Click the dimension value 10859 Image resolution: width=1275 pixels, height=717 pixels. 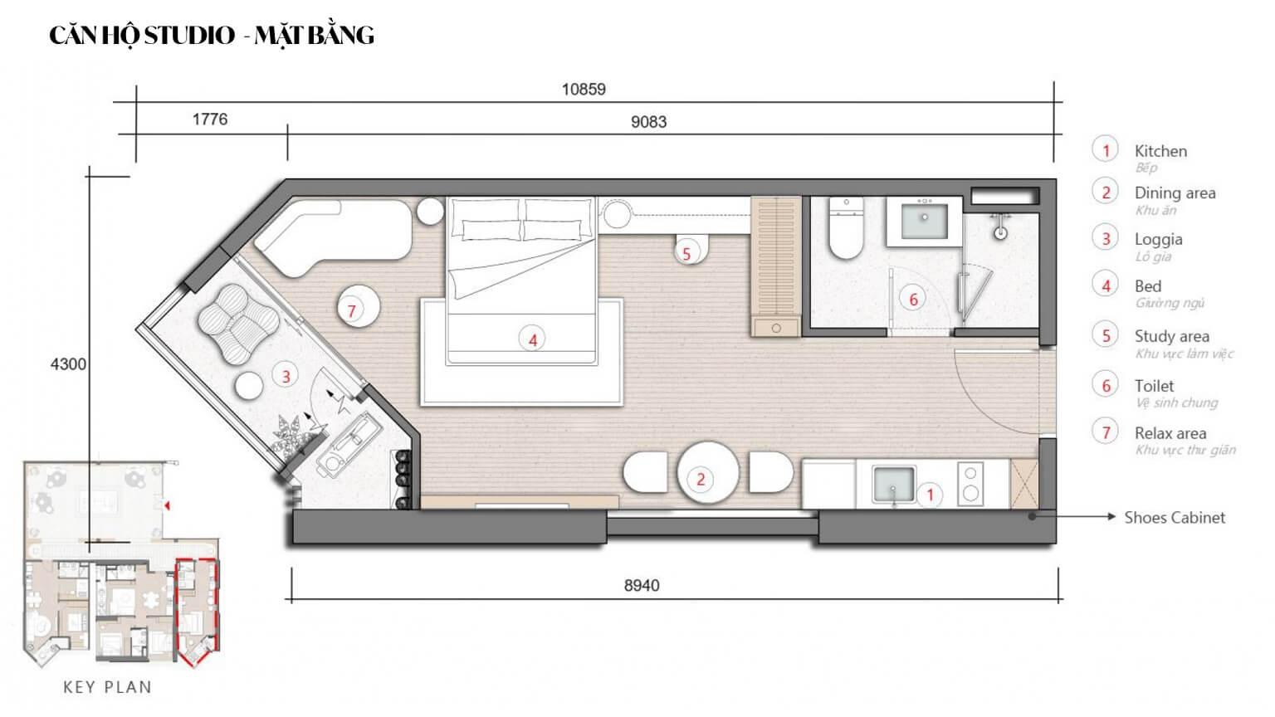[x=584, y=89]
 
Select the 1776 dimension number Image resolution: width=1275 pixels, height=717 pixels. [x=210, y=119]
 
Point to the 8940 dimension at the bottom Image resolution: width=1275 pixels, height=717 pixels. [x=642, y=585]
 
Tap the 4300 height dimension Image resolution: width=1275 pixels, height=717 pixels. [x=68, y=363]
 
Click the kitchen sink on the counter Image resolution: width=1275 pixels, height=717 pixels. [x=893, y=484]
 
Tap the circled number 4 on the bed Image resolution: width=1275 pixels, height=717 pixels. [x=532, y=339]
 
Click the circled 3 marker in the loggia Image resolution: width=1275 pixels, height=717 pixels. [x=286, y=376]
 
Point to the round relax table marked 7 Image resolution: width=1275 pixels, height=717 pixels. [x=358, y=308]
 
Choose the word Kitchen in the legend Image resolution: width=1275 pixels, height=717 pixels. [x=1160, y=151]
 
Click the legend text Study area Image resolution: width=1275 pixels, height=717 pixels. [x=1171, y=336]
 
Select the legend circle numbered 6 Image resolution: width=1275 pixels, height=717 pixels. [x=1106, y=385]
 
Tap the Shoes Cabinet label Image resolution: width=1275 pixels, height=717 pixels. [x=1174, y=517]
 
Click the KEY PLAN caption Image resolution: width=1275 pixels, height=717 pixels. [x=107, y=687]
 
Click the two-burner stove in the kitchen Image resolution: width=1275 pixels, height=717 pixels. [x=970, y=483]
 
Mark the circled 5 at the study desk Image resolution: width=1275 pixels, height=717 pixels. [x=686, y=253]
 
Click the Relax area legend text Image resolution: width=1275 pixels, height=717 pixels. [x=1170, y=433]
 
